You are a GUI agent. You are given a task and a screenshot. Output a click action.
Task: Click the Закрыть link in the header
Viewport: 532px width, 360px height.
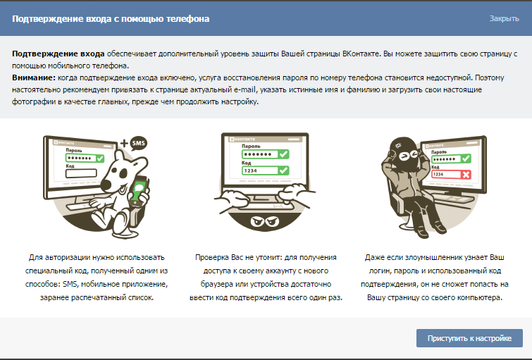coord(504,18)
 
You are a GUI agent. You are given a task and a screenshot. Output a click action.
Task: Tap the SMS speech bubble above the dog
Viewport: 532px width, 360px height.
coord(138,143)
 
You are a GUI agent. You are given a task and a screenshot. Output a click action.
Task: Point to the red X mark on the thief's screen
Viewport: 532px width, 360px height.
coord(466,175)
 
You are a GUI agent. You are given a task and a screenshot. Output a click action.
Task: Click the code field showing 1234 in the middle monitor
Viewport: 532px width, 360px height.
coord(266,170)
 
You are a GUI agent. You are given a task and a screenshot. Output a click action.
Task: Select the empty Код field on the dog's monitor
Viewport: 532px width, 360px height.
coord(81,173)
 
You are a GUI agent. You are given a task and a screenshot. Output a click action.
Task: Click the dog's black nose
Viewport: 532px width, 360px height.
coord(107,185)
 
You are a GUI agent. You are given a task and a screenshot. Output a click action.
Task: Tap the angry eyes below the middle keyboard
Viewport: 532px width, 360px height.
coord(265,221)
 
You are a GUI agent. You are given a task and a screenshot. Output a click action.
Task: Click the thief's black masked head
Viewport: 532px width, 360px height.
coord(404,154)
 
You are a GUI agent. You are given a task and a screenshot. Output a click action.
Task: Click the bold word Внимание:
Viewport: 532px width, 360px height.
coord(34,77)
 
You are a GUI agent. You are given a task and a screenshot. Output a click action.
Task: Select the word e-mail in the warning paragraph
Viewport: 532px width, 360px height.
coord(244,89)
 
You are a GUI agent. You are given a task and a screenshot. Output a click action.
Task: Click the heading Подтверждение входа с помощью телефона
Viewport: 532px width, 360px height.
coord(111,18)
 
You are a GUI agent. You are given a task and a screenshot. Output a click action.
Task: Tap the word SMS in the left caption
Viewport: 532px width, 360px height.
coord(70,284)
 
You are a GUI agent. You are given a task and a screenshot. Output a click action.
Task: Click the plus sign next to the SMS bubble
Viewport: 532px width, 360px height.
coord(124,143)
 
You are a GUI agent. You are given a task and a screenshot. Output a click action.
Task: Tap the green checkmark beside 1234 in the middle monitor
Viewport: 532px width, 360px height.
coord(283,170)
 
